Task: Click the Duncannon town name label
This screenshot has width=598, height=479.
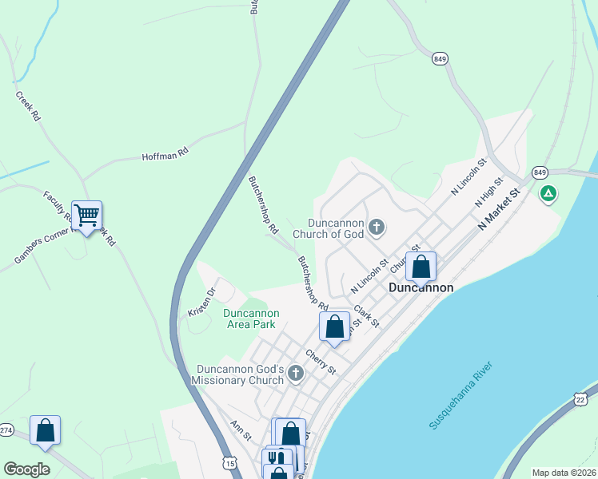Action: (421, 287)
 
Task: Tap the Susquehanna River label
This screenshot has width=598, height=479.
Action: (461, 396)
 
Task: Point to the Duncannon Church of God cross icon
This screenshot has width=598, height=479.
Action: (377, 229)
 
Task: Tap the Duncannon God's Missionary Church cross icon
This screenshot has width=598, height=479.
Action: (296, 373)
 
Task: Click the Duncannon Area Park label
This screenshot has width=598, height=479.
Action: (249, 319)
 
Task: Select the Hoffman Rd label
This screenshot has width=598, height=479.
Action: (165, 153)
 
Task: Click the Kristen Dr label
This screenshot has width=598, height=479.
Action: (201, 301)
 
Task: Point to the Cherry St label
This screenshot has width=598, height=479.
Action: (320, 362)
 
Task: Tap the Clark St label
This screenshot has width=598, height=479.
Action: (366, 317)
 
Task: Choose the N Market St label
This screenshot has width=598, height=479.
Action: (499, 210)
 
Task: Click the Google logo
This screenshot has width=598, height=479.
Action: (27, 469)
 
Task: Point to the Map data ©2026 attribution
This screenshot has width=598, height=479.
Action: (563, 473)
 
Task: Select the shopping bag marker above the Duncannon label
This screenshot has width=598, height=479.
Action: (421, 267)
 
